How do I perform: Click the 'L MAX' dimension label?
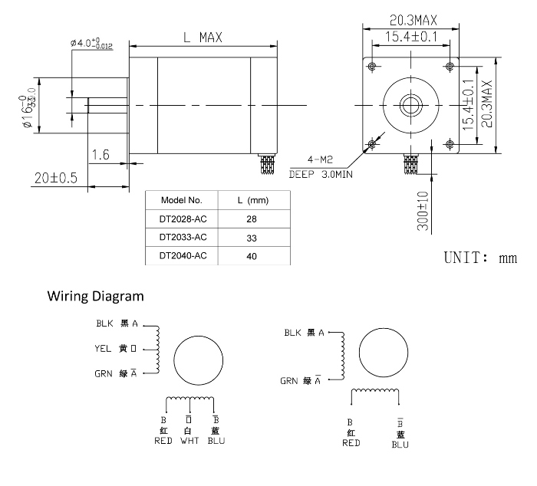203,37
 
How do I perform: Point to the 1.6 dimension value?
100,155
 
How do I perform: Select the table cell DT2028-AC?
183,218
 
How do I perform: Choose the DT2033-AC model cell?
183,238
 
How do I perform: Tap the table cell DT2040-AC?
183,257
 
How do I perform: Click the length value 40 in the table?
252,257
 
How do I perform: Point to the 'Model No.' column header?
182,200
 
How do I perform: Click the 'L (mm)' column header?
252,200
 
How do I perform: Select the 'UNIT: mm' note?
481,258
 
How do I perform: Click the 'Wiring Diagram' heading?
95,295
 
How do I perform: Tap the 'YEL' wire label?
104,349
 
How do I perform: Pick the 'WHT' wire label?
188,441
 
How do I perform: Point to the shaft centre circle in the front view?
411,104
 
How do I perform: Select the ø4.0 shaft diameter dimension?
91,44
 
